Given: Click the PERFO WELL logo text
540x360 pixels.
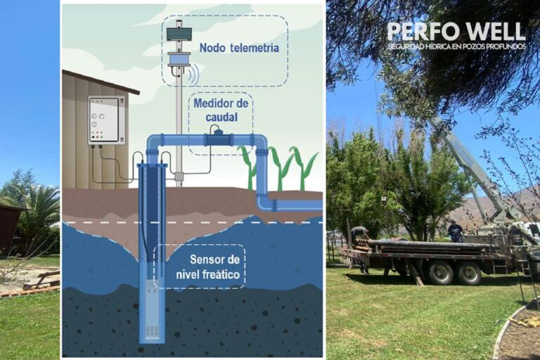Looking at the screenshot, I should coord(456,32).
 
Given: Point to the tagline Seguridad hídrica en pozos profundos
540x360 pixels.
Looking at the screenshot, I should coord(456,46).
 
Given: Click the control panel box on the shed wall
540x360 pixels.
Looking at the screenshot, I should coord(106,120).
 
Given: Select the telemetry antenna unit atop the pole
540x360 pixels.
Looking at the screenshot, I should coord(179,46).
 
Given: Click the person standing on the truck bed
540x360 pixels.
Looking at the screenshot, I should coord(456,231).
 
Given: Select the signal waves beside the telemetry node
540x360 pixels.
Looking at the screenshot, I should coord(195,72).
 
